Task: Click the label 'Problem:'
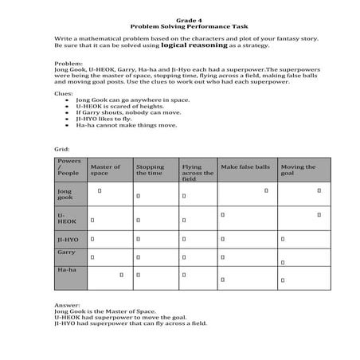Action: pyautogui.click(x=68, y=61)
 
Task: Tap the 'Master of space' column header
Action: pyautogui.click(x=106, y=170)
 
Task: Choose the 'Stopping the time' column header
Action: pyautogui.click(x=151, y=170)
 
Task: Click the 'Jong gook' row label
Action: pyautogui.click(x=65, y=194)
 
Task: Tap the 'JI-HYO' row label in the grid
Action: pyautogui.click(x=68, y=239)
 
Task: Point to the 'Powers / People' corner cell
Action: pyautogui.click(x=68, y=166)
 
